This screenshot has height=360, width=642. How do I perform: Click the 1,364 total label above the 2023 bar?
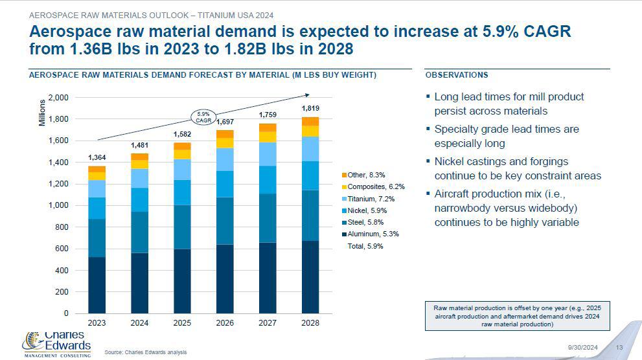pyautogui.click(x=97, y=157)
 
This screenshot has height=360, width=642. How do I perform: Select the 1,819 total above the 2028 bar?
pyautogui.click(x=310, y=107)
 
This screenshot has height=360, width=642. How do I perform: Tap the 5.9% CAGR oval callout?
pyautogui.click(x=203, y=117)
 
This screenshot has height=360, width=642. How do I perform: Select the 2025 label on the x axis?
pyautogui.click(x=182, y=322)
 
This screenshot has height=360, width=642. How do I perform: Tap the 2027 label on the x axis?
pyautogui.click(x=268, y=322)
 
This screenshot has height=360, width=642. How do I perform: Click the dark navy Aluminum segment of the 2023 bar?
pyautogui.click(x=97, y=285)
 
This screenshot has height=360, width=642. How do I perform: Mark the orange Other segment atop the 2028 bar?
pyautogui.click(x=310, y=121)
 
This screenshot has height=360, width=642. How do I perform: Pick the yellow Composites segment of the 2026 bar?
pyautogui.click(x=225, y=143)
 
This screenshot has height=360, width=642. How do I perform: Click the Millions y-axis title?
pyautogui.click(x=43, y=113)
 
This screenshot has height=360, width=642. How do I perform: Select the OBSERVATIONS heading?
pyautogui.click(x=457, y=75)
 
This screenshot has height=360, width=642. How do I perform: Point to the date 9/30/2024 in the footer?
pyautogui.click(x=582, y=348)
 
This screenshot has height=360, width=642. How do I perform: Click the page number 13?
pyautogui.click(x=619, y=348)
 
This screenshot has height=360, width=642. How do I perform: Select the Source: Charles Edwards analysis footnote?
pyautogui.click(x=145, y=352)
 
